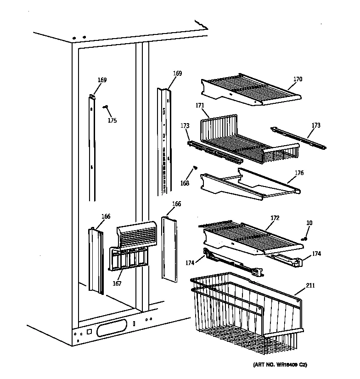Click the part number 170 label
(298, 79)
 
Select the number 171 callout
(199, 106)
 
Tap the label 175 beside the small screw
(112, 121)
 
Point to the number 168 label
(185, 183)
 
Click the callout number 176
(299, 173)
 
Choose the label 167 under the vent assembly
(117, 283)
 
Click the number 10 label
(309, 223)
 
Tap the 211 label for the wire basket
(311, 286)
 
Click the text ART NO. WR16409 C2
(279, 365)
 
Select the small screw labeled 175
(106, 107)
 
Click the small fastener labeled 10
(304, 238)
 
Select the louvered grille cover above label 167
(137, 234)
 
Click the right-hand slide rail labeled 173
(298, 137)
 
